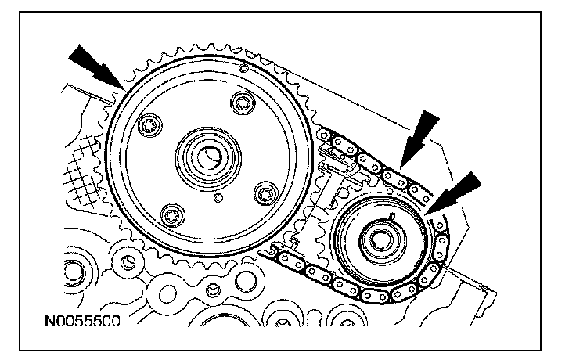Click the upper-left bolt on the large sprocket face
[148, 124]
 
